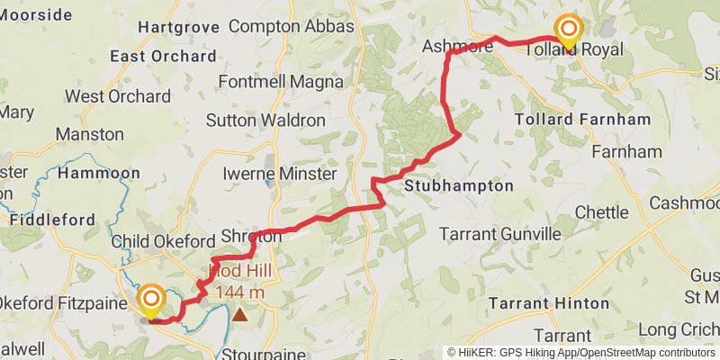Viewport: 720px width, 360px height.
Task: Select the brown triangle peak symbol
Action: click(240, 314)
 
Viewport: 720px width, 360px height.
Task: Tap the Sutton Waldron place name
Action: click(265, 120)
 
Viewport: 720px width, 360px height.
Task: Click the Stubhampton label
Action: click(459, 186)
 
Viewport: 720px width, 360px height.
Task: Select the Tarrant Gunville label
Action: click(499, 234)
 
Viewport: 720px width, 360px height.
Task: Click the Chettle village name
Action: click(602, 212)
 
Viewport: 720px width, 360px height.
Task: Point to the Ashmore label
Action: click(457, 46)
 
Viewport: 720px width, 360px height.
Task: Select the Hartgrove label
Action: click(178, 27)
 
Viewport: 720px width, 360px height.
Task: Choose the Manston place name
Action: click(89, 134)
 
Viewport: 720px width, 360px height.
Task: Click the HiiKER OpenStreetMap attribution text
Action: click(582, 353)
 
